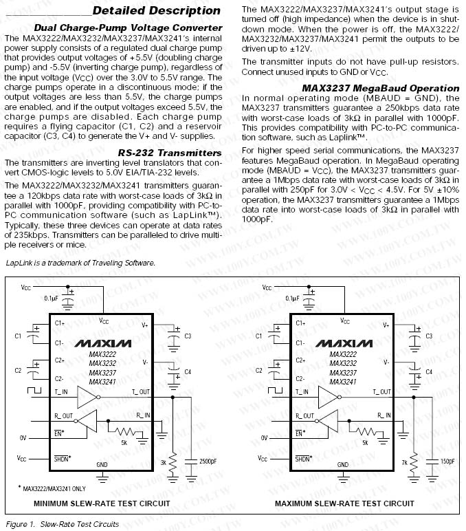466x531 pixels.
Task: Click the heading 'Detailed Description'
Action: pyautogui.click(x=156, y=10)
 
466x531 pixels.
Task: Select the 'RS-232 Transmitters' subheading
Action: pyautogui.click(x=170, y=153)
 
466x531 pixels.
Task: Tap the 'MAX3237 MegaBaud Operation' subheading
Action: pyautogui.click(x=381, y=88)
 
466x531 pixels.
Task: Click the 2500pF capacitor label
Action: pyautogui.click(x=208, y=461)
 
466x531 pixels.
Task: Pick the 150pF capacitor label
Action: pyautogui.click(x=447, y=461)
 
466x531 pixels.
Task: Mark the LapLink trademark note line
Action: pyautogui.click(x=80, y=263)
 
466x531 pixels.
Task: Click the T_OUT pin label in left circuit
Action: pyautogui.click(x=141, y=391)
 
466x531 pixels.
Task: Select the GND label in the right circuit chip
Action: pyautogui.click(x=342, y=465)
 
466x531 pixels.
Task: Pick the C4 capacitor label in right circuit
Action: pyautogui.click(x=428, y=371)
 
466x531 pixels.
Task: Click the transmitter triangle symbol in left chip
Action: pyautogui.click(x=87, y=397)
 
